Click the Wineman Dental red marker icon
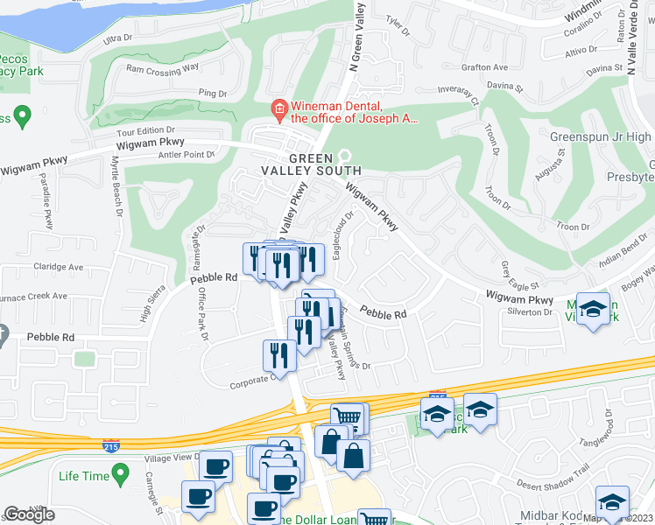tap(278, 108)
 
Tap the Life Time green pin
tap(122, 476)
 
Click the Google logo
tap(29, 514)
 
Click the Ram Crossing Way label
tap(163, 68)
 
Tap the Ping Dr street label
tap(213, 92)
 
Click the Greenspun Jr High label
tap(600, 136)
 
